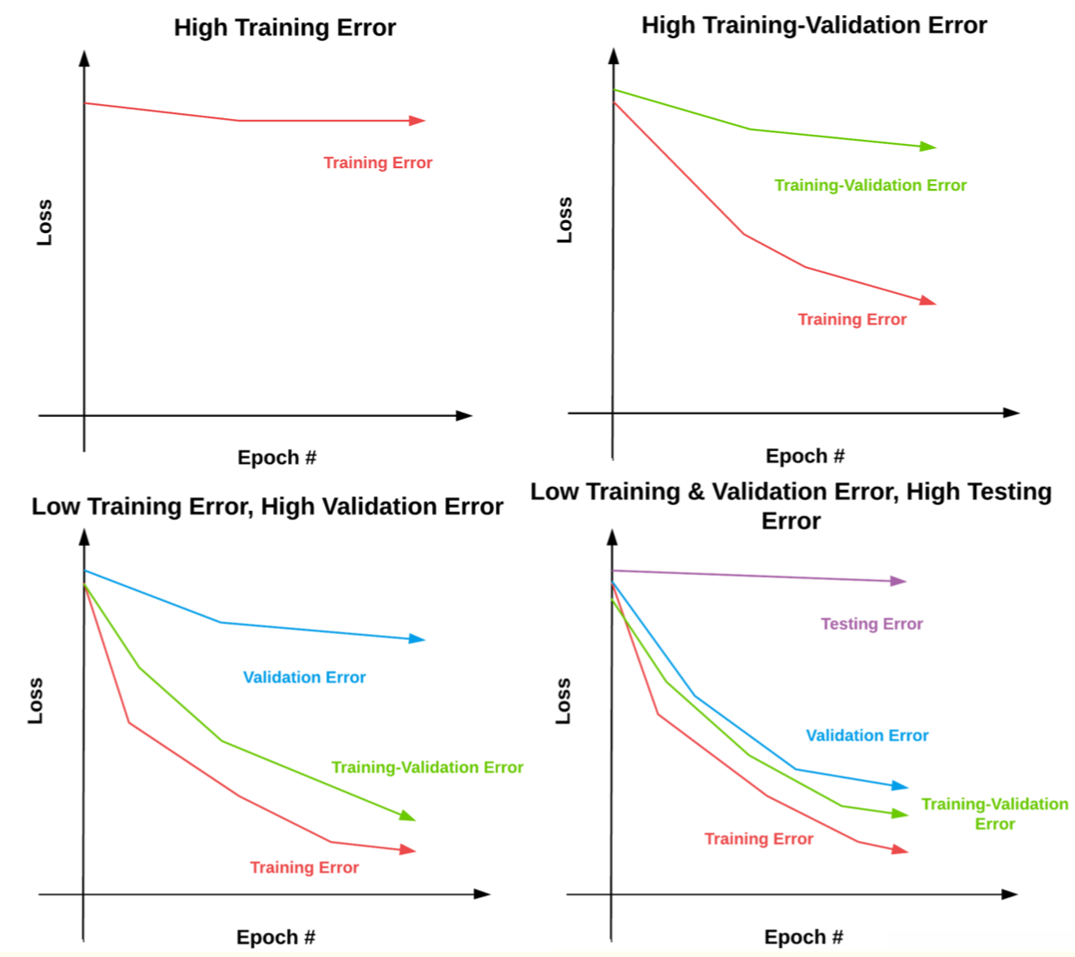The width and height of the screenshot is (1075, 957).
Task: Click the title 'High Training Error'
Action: click(x=285, y=27)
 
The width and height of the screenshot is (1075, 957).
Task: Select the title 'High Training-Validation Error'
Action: click(x=814, y=25)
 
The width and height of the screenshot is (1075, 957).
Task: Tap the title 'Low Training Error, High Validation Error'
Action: click(x=267, y=506)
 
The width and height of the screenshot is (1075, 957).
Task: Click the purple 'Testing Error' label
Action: click(x=871, y=623)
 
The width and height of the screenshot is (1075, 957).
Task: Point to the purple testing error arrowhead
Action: click(x=898, y=581)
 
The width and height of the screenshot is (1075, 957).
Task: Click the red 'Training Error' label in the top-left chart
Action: click(x=378, y=162)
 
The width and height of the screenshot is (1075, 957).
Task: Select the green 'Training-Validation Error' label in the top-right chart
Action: click(x=870, y=185)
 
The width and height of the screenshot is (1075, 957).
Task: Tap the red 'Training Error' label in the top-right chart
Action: click(x=852, y=319)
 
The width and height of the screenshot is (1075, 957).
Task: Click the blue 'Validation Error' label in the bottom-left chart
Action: click(x=304, y=677)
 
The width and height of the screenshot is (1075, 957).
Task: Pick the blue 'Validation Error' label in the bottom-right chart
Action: click(x=867, y=735)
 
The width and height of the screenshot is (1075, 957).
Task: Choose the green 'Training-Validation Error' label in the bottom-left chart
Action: click(x=427, y=766)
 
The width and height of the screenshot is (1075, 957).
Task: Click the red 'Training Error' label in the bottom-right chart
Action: click(x=758, y=838)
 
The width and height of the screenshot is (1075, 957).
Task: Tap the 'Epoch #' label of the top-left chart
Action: click(x=276, y=457)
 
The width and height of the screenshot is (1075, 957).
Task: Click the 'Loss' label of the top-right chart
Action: click(x=565, y=220)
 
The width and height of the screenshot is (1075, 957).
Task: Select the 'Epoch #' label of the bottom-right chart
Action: click(x=803, y=937)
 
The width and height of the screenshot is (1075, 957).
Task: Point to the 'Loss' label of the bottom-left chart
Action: click(x=35, y=700)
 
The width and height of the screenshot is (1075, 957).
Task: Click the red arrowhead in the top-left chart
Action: click(x=417, y=121)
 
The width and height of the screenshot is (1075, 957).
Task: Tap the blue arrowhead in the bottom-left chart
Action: click(x=417, y=638)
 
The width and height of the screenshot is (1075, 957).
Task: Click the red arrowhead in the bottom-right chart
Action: click(x=899, y=850)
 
